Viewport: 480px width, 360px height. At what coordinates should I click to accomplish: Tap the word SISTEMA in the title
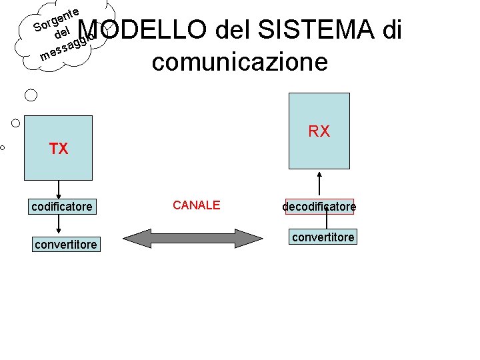pos(312,30)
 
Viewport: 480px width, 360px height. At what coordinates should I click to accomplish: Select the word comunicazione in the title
pos(240,62)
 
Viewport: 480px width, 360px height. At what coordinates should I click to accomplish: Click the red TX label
pos(59,149)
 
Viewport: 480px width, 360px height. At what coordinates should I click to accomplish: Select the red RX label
pos(319,131)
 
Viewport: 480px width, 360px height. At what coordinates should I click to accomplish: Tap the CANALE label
pos(196,205)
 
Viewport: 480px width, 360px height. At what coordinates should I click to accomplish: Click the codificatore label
pos(62,207)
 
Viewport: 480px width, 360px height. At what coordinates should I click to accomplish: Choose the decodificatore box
pos(319,207)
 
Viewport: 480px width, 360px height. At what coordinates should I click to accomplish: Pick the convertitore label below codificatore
pos(65,245)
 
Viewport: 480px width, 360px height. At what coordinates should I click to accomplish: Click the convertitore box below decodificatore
pos(323,237)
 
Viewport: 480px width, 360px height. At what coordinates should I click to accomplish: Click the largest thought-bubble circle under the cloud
pos(31,95)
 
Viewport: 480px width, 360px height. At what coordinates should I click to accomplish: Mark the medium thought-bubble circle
pos(16,123)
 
